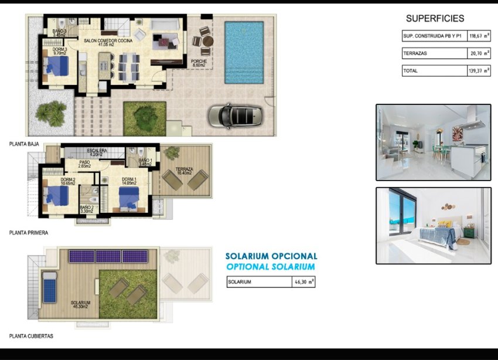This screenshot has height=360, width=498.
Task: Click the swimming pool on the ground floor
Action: point(244,52)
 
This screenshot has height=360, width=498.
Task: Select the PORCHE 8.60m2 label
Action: point(199,63)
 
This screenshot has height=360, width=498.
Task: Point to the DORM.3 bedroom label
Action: point(59,51)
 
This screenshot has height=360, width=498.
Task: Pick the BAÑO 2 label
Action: point(86,209)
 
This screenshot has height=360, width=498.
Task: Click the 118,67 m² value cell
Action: point(480,36)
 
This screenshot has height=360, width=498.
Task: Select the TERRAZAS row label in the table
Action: point(415,53)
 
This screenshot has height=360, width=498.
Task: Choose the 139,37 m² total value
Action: point(480,71)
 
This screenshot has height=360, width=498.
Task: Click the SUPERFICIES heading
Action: point(435,19)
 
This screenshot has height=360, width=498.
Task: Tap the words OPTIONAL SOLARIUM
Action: point(271,267)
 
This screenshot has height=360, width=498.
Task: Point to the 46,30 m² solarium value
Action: point(303,282)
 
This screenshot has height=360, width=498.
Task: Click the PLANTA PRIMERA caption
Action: point(29,233)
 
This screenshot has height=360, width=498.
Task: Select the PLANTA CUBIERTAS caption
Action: point(31,336)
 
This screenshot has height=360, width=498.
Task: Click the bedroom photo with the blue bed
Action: point(433,225)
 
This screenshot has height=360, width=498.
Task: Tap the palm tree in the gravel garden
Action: point(52,111)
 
